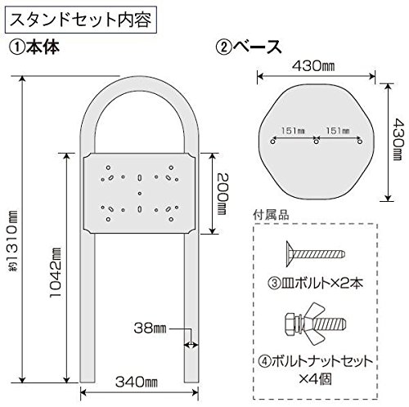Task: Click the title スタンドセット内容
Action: (x=81, y=20)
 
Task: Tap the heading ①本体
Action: (x=34, y=47)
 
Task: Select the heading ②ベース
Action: (x=248, y=47)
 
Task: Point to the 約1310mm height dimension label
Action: (x=12, y=242)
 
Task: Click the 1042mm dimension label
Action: (x=56, y=272)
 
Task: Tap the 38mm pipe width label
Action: (x=150, y=329)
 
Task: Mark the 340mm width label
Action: (x=137, y=382)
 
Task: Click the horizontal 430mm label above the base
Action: (x=313, y=66)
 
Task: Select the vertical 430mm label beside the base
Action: (x=398, y=139)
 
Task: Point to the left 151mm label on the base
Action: (x=294, y=131)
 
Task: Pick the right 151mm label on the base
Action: (x=338, y=131)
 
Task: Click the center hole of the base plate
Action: (x=317, y=141)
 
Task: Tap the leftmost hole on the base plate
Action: (x=272, y=141)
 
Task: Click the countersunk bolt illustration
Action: (x=316, y=254)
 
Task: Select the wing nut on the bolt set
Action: (x=314, y=324)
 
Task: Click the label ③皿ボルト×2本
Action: (x=316, y=284)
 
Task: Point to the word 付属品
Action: (x=271, y=215)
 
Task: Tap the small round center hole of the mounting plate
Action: (x=140, y=194)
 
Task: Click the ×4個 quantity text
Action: (x=316, y=378)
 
